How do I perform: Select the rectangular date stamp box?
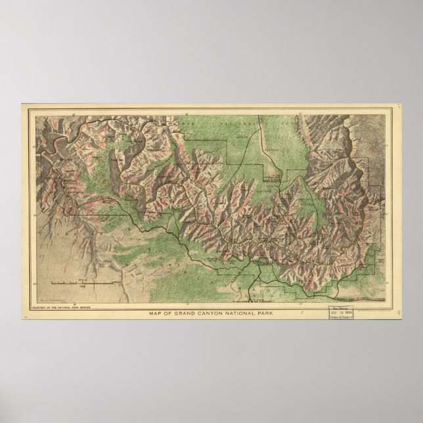coord(345,307)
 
